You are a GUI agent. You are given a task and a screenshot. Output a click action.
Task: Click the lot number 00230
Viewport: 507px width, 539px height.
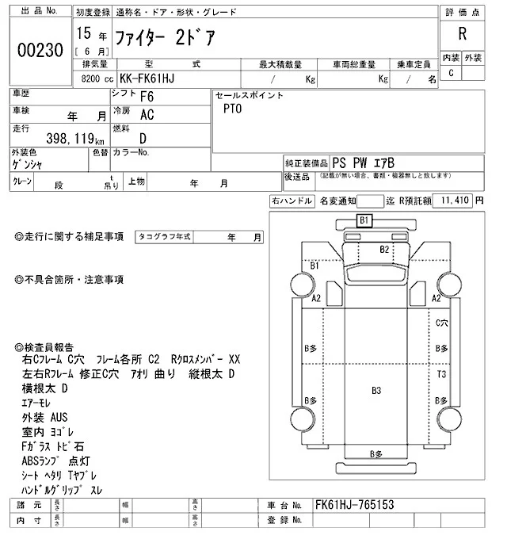[40, 49]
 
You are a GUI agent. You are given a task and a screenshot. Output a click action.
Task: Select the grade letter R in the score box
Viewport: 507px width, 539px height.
[461, 34]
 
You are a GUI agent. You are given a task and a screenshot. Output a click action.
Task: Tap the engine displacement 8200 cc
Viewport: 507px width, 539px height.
[97, 79]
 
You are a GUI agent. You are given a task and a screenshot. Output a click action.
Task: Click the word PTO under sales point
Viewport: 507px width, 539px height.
[232, 109]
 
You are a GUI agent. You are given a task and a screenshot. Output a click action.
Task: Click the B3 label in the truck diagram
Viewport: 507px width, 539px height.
[376, 391]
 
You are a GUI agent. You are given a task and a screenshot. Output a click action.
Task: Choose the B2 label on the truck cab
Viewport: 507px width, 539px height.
[384, 250]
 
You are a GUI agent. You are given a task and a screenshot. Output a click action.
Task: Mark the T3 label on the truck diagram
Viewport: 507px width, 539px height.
[442, 373]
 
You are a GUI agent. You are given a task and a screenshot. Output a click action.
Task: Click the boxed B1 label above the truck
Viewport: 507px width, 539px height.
[364, 220]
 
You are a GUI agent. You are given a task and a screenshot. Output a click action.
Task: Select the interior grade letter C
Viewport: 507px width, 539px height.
[451, 74]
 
